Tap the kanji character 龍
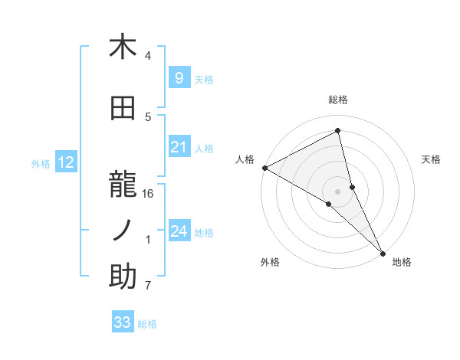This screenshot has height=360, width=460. coord(123,178)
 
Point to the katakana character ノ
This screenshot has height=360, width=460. coord(123,228)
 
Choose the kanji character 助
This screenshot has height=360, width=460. coord(123,277)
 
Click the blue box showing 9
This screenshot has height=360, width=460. coord(179,77)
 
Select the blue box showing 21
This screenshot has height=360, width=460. coord(179,147)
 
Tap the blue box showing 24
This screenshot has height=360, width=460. coord(179,231)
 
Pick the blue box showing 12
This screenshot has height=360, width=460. coord(65,162)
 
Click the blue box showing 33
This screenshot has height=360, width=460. coord(122,322)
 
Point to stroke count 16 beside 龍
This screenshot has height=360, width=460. coord(148,193)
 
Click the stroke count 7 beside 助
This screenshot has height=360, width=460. coord(148,286)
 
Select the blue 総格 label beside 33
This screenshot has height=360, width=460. coord(147,324)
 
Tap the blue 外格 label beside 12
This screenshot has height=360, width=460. coord(40,163)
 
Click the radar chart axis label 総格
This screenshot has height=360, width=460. coord(338,100)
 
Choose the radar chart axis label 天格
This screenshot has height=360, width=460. coord(431,159)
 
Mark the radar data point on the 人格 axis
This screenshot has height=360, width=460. coord(264,167)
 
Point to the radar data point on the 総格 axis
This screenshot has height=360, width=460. coord(338,130)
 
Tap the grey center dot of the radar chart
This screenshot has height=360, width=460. coord(338,190)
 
